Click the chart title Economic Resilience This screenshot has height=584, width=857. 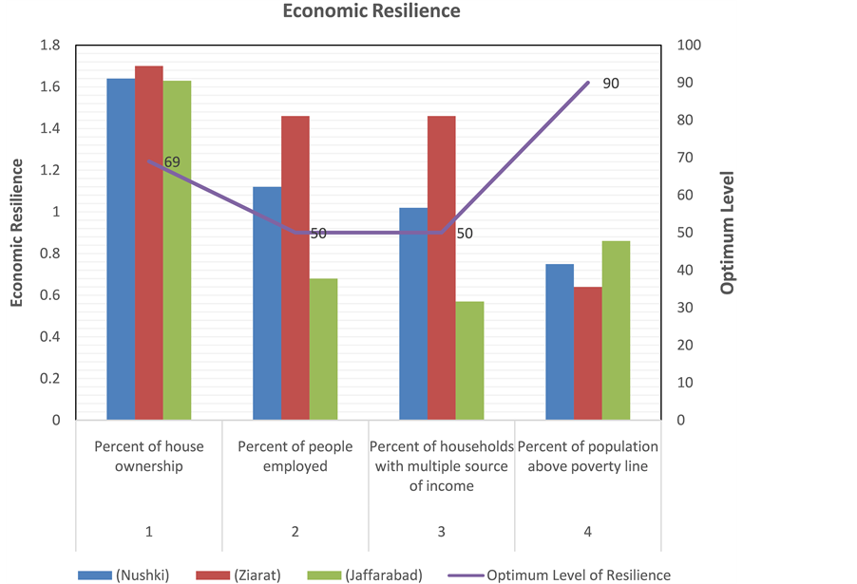(x=371, y=11)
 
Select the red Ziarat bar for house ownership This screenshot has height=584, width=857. (x=148, y=242)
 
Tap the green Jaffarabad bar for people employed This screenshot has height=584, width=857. (x=323, y=349)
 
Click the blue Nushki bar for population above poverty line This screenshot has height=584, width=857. (x=560, y=342)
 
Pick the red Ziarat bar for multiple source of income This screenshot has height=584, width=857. (x=441, y=268)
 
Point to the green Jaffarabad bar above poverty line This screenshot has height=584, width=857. (x=616, y=330)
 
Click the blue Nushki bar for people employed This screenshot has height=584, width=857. (x=267, y=303)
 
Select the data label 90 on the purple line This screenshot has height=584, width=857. (x=610, y=84)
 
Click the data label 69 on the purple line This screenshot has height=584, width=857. (x=172, y=162)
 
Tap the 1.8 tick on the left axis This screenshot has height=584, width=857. (x=49, y=46)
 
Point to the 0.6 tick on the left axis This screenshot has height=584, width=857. (x=49, y=295)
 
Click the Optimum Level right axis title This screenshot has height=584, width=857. (x=728, y=233)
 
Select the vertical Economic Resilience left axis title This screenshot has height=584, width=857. (x=17, y=233)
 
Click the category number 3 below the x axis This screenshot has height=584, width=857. (x=441, y=532)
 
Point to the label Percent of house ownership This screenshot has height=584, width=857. (x=148, y=456)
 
